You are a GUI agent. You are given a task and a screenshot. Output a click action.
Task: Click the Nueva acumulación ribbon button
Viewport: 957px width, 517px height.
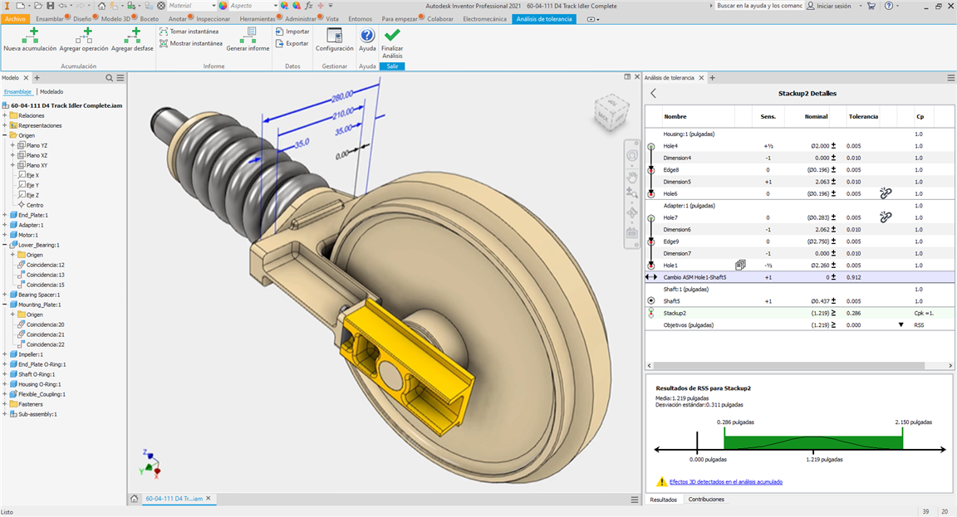[x=30, y=39]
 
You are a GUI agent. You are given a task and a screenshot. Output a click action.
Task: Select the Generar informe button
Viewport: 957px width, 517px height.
[x=248, y=39]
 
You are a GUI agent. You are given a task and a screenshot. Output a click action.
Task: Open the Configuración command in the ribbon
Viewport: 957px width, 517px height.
[x=335, y=39]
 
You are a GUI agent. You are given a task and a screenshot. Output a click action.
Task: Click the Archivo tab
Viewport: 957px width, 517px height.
[x=15, y=19]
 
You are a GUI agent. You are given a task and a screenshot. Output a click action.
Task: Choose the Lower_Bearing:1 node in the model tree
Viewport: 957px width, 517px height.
[x=38, y=245]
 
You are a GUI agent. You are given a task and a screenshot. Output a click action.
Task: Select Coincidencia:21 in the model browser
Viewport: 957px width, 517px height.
[x=45, y=334]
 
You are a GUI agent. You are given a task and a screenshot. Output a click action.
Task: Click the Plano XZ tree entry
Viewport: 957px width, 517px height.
[x=37, y=155]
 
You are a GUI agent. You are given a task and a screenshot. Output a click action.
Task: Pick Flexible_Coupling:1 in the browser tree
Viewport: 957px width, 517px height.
[x=42, y=394]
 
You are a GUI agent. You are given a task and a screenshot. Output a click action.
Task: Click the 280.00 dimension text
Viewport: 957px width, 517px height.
[x=342, y=96]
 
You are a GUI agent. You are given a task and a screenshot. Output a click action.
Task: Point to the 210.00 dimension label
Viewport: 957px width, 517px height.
[x=343, y=114]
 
